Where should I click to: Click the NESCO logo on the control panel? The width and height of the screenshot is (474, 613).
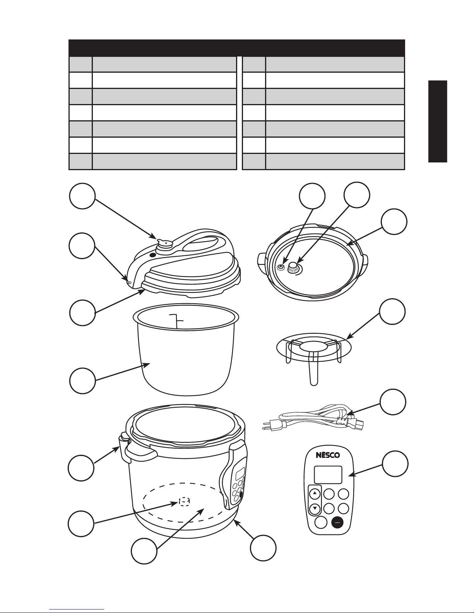click(328, 455)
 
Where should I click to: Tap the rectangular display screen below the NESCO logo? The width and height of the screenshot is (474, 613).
click(328, 475)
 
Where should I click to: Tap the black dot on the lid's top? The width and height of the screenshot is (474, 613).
click(152, 255)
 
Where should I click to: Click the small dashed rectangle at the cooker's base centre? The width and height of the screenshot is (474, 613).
click(184, 500)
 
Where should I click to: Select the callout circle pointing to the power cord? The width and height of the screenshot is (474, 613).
click(393, 402)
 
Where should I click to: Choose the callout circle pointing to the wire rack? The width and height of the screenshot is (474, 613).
click(392, 311)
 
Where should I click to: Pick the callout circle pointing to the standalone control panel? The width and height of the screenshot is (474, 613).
click(395, 463)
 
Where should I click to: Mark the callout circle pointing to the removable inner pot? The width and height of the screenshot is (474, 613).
click(82, 381)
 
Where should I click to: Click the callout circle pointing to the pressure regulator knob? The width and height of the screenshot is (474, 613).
click(82, 196)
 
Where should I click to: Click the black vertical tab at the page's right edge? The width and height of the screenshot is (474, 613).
click(438, 121)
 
